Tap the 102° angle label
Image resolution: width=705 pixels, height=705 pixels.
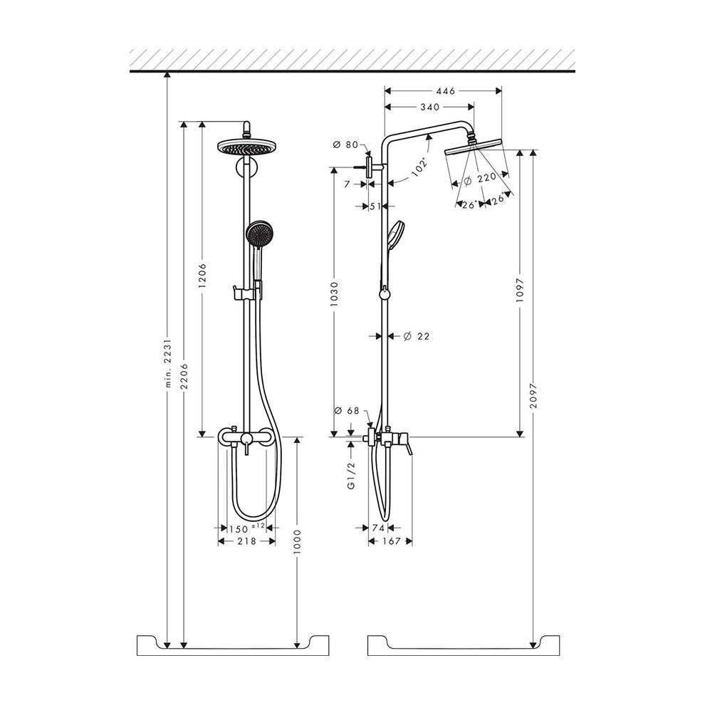click(419, 167)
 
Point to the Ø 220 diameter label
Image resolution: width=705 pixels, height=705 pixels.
click(479, 179)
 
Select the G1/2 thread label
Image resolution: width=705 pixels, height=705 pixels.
click(351, 476)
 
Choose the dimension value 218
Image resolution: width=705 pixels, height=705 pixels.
click(246, 541)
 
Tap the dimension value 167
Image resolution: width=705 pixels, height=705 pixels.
click(389, 541)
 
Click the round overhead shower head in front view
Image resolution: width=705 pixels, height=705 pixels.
click(246, 147)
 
